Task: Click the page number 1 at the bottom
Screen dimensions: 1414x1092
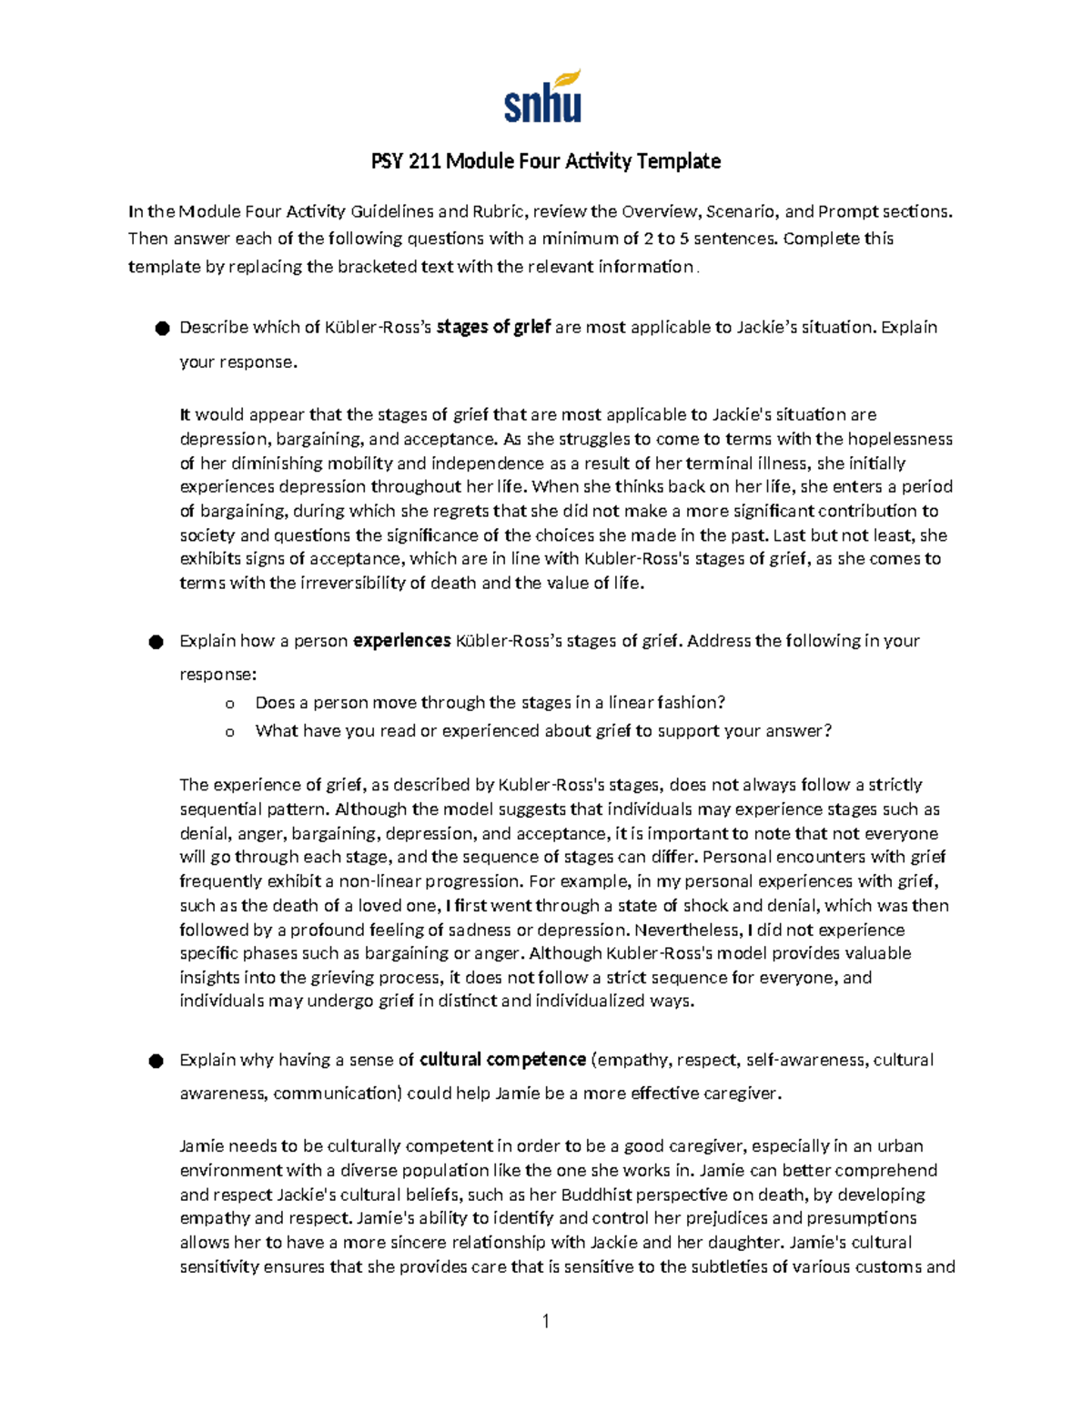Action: (545, 1321)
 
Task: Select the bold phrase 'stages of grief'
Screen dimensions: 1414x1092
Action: (493, 327)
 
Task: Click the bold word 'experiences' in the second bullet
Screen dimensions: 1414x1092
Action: (401, 641)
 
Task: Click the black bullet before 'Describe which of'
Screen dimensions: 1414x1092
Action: (162, 329)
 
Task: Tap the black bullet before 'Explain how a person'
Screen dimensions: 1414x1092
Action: (157, 643)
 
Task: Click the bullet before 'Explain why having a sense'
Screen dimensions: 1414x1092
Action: (157, 1062)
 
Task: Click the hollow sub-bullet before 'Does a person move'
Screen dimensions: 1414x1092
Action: (229, 704)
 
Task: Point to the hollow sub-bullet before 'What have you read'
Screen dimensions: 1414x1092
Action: (229, 732)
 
